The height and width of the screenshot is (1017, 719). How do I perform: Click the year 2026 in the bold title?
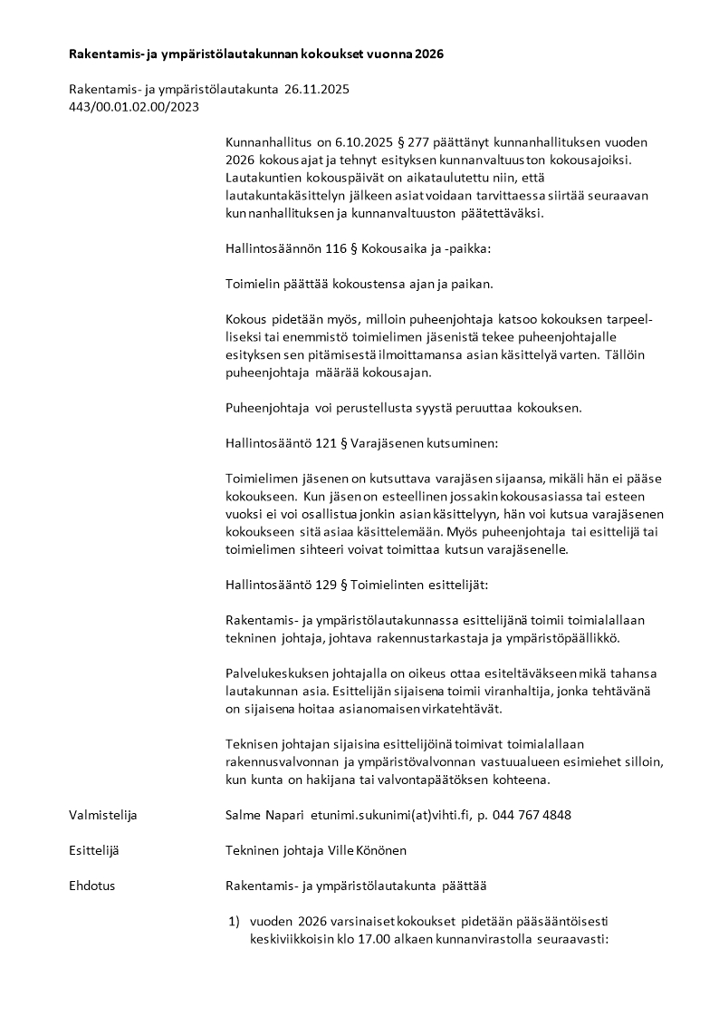point(428,54)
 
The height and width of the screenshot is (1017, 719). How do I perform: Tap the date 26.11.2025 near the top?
point(316,89)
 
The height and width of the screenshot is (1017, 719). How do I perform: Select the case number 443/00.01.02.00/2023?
point(133,106)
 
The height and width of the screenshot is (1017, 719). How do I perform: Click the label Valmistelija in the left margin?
point(102,815)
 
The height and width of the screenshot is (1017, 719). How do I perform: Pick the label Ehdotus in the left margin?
point(91,886)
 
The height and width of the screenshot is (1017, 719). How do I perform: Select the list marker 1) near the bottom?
point(233,921)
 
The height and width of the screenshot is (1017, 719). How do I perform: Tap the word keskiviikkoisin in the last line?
point(289,939)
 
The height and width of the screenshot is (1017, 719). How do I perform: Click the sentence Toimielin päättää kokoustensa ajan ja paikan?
point(359,284)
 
